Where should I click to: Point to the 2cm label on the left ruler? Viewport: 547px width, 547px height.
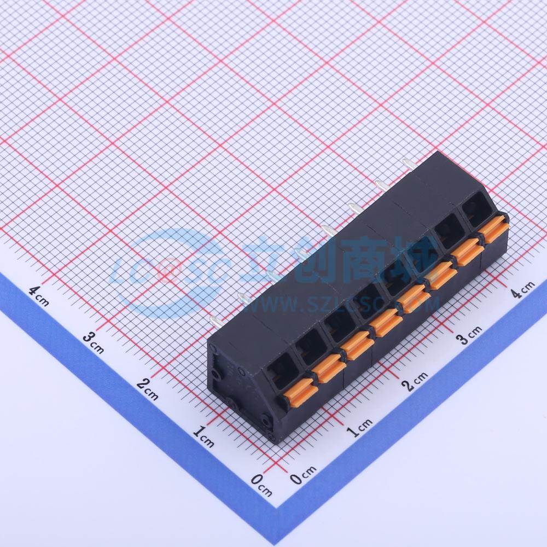(147, 388)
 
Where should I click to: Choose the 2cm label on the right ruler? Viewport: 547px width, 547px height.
(414, 381)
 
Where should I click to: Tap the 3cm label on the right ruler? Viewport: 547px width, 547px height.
(469, 335)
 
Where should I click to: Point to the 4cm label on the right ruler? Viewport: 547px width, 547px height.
(522, 289)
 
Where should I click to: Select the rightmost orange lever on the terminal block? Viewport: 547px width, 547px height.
(494, 229)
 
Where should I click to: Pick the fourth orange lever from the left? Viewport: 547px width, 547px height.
(386, 322)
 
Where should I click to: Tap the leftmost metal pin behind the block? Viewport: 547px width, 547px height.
(216, 322)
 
